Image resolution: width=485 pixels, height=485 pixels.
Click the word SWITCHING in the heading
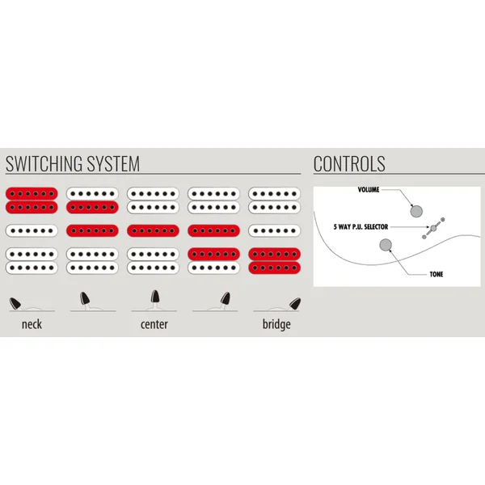tap(44, 163)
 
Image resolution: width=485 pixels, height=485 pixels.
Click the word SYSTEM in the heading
tap(113, 163)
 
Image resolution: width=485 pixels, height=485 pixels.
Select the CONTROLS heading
tap(349, 163)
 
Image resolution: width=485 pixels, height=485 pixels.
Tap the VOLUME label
tap(369, 190)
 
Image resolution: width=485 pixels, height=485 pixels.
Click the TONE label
tap(436, 274)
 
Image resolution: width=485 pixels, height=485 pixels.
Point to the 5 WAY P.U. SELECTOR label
tap(361, 226)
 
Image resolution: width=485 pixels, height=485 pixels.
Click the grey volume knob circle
tap(416, 211)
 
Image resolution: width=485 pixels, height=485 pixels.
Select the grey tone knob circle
tap(386, 245)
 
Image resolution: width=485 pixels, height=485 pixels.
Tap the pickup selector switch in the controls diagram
tap(433, 228)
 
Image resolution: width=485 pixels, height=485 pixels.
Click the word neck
tap(32, 324)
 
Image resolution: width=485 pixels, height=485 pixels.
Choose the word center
tap(154, 324)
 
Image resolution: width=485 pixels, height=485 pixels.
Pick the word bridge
tap(276, 324)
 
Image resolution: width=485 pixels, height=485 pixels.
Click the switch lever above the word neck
tap(15, 303)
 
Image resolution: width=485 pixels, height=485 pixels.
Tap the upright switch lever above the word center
tap(155, 297)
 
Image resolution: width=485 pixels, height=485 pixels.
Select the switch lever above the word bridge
tap(295, 303)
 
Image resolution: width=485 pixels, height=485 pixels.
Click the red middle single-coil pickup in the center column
tap(153, 230)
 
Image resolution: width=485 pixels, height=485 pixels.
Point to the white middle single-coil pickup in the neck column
tap(32, 230)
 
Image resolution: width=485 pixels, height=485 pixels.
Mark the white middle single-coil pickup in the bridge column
tap(274, 230)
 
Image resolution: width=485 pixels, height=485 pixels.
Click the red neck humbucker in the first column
tap(32, 200)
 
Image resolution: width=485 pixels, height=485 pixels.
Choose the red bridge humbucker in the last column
tap(274, 261)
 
